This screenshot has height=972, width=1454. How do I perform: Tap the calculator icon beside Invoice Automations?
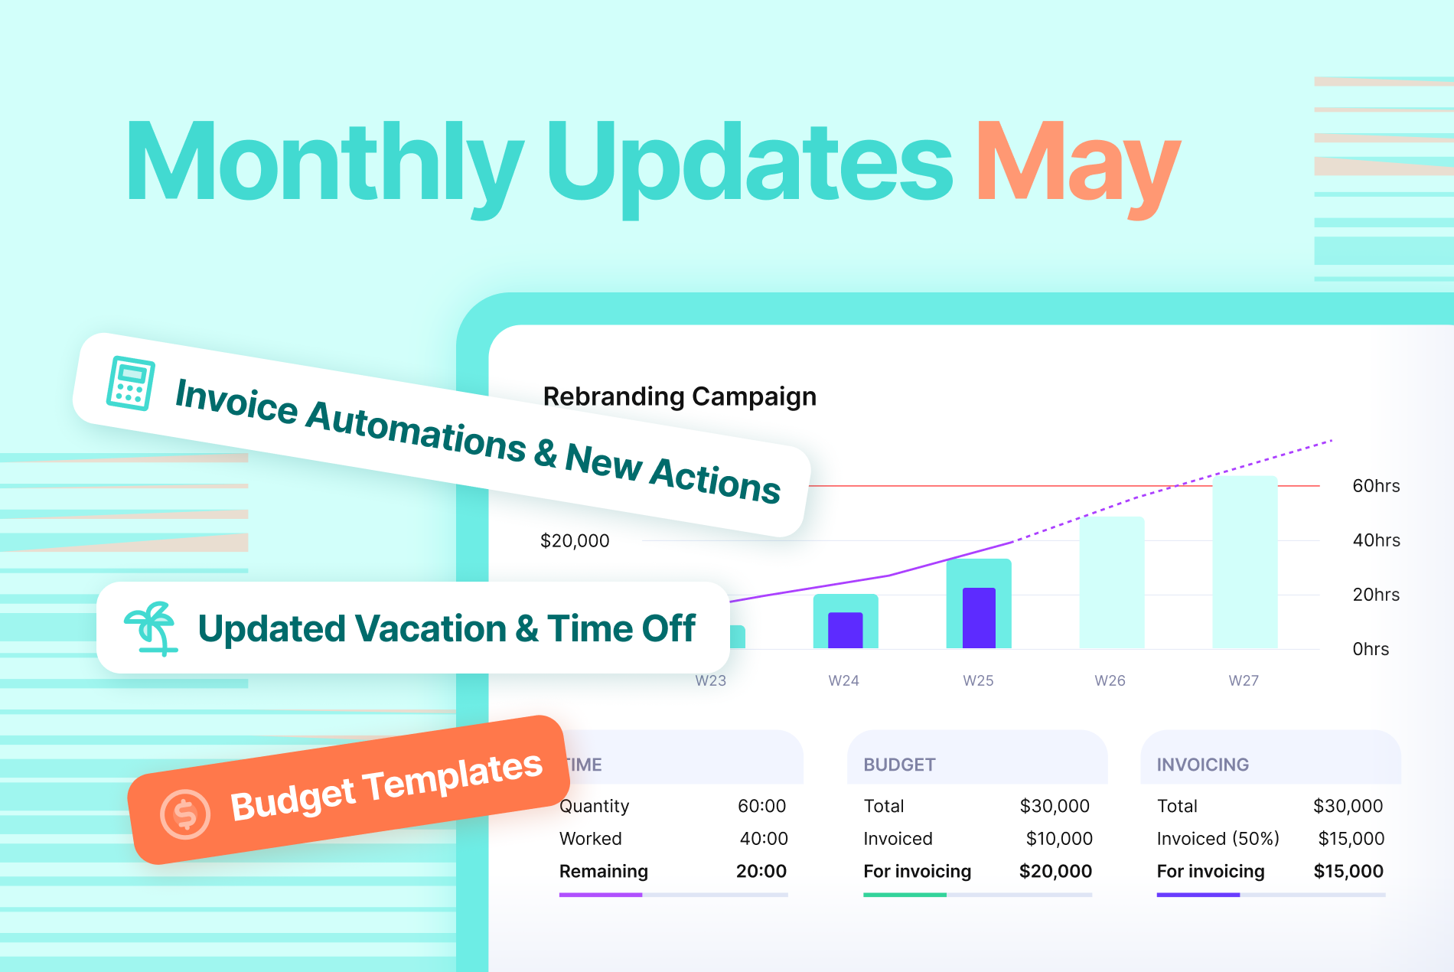pyautogui.click(x=130, y=383)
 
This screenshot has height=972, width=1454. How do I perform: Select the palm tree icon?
pyautogui.click(x=151, y=628)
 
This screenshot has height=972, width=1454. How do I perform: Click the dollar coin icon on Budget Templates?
pyautogui.click(x=185, y=814)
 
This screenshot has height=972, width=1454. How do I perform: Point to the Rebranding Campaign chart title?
pyautogui.click(x=680, y=396)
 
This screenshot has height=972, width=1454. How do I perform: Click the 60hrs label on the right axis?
pyautogui.click(x=1376, y=486)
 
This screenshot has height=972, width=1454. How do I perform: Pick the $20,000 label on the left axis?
pyautogui.click(x=575, y=541)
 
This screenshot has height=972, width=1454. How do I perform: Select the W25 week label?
pyautogui.click(x=978, y=680)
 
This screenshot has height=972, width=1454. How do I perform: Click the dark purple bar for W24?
pyautogui.click(x=846, y=630)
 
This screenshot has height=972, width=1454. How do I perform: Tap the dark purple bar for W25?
pyautogui.click(x=979, y=618)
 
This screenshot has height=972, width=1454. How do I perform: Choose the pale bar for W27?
pyautogui.click(x=1245, y=563)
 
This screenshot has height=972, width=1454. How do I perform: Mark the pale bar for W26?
pyautogui.click(x=1112, y=582)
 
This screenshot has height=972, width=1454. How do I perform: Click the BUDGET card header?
pyautogui.click(x=899, y=765)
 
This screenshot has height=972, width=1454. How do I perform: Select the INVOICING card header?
pyautogui.click(x=1202, y=765)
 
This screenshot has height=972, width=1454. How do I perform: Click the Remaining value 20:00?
pyautogui.click(x=761, y=871)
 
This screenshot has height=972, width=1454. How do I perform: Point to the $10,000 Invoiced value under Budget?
pyautogui.click(x=1059, y=839)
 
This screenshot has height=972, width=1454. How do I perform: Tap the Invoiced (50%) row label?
pyautogui.click(x=1218, y=839)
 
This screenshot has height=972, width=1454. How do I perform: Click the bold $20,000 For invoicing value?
pyautogui.click(x=1055, y=871)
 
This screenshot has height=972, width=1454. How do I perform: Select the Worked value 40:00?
pyautogui.click(x=763, y=839)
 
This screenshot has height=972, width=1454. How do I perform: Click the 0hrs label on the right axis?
pyautogui.click(x=1371, y=649)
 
